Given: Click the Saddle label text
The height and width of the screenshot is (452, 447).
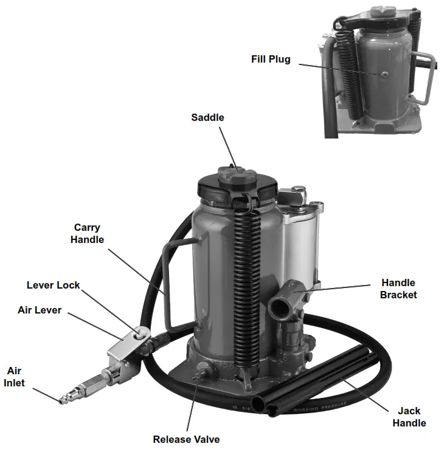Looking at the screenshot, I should [x=207, y=117].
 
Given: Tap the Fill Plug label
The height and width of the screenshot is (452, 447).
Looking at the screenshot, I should [x=271, y=60].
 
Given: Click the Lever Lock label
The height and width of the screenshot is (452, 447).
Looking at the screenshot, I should [x=53, y=285].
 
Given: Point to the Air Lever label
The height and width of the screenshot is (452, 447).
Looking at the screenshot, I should [x=40, y=310].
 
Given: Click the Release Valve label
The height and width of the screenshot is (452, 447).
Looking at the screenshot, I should [x=186, y=439].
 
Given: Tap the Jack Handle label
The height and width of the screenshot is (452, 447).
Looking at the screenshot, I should [x=409, y=417].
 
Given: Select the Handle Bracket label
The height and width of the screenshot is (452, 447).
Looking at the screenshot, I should [x=398, y=289].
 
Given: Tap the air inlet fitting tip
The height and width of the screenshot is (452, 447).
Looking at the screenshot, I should [x=62, y=400].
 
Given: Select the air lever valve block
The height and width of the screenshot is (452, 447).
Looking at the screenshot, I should [x=122, y=352].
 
